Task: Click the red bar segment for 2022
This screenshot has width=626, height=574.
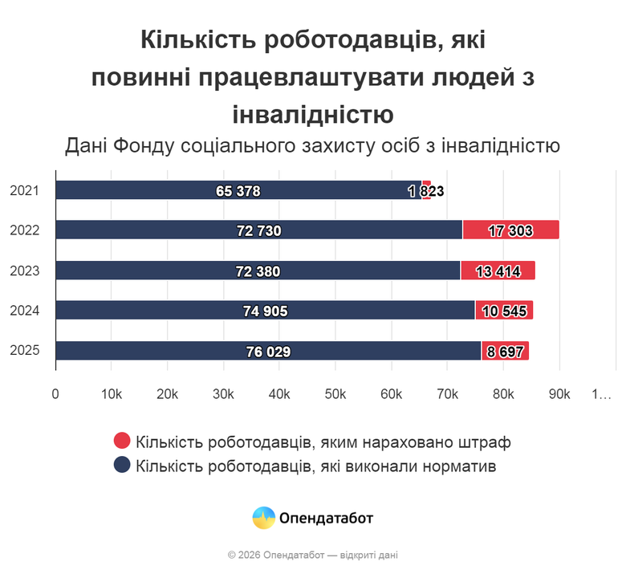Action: [510, 230]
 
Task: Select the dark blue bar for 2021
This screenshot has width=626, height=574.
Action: [238, 190]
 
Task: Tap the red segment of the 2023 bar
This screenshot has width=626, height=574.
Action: [498, 271]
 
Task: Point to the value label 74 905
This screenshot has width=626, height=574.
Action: [265, 311]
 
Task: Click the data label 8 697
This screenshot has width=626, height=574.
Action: [506, 352]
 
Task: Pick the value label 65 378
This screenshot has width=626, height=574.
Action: [238, 191]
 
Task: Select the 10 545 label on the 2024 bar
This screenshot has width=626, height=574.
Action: [504, 311]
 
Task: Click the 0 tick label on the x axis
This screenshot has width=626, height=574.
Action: [55, 394]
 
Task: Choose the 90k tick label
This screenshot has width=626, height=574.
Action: [559, 394]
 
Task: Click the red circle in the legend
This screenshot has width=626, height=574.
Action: [122, 442]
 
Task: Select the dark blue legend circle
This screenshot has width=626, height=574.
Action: [122, 465]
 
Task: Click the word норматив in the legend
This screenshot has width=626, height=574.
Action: [459, 466]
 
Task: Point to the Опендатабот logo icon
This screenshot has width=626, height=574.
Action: [264, 518]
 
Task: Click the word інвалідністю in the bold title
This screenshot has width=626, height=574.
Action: [312, 113]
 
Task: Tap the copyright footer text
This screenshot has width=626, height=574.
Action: [312, 555]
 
